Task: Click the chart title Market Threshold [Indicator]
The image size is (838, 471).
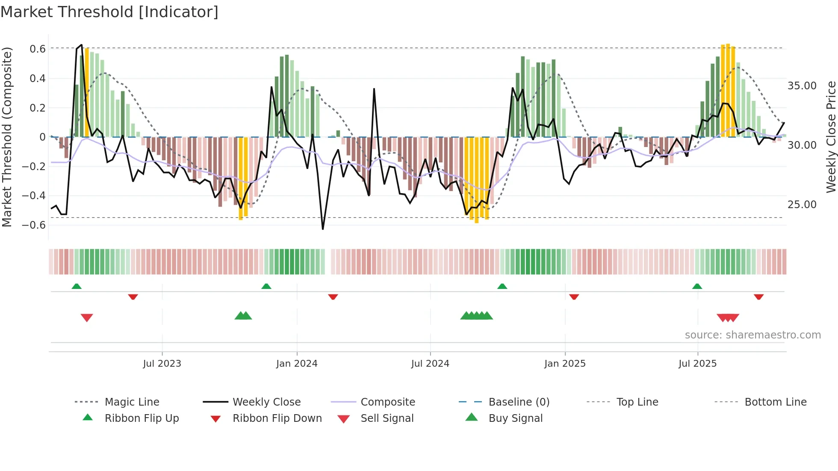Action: pos(109,12)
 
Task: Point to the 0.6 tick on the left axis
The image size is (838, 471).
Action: pos(38,49)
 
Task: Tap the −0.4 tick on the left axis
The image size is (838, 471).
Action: pos(34,196)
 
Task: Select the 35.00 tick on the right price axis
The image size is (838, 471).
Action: pos(802,86)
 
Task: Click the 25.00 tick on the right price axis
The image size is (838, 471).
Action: pos(802,205)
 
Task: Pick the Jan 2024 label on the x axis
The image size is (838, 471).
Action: pos(297,364)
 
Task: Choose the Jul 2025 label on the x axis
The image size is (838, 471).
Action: pos(697,364)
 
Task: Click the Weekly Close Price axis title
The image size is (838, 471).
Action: pos(831,137)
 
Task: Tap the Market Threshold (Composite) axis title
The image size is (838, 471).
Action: pos(7,137)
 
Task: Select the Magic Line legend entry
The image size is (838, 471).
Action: pos(132,402)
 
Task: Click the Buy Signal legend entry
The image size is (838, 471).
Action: pos(515,418)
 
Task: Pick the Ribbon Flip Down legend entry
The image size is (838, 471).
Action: pos(277,418)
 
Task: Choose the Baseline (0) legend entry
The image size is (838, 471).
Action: pos(519,402)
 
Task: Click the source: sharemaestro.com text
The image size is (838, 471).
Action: pos(752,335)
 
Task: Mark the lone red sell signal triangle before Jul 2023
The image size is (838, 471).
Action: pos(87,318)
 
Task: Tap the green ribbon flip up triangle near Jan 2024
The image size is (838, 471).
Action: pos(266,286)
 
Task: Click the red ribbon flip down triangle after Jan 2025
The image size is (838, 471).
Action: pos(574,297)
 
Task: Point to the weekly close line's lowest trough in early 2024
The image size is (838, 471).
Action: pos(323,229)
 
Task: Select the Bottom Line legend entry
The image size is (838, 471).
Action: pos(775,402)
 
